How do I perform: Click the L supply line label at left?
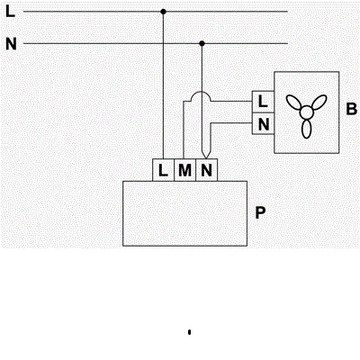coord(10,12)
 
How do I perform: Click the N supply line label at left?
coord(11,44)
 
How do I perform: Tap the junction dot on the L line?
coord(163,12)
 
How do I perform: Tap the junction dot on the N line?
coord(202,43)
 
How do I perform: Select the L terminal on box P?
coord(163,170)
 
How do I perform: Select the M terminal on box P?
coord(184,170)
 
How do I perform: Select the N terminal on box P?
coord(206,170)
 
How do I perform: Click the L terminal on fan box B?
coord(263,102)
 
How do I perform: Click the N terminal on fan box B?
coord(263,123)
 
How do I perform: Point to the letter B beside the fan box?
coord(352,109)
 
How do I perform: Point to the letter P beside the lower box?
coord(260,212)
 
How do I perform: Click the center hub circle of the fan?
coord(306,112)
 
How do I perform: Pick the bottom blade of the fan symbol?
coord(306,130)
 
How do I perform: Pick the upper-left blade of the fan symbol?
coord(293,103)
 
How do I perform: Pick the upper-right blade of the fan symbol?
coord(319,103)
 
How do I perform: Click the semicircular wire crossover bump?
coord(202,92)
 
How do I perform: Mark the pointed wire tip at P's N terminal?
coord(205,157)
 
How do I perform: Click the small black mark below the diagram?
coord(189,332)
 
